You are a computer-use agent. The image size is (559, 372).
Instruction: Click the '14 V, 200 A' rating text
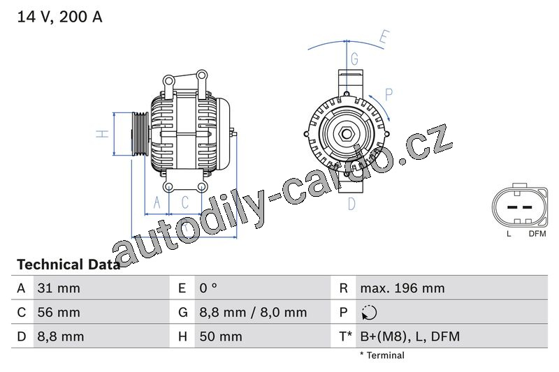coord(59,17)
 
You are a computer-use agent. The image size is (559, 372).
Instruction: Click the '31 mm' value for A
coord(58,288)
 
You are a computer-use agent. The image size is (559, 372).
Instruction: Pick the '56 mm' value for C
coord(58,313)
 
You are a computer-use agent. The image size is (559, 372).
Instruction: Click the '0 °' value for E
coord(208,288)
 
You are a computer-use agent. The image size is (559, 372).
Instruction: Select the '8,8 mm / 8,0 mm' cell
coord(252,313)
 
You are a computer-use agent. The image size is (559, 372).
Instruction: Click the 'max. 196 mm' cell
coord(402,288)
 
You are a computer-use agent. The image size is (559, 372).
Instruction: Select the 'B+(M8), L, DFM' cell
coord(409,337)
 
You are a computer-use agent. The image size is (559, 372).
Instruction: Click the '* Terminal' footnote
coord(382,355)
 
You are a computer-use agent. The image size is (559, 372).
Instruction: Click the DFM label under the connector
coord(537,234)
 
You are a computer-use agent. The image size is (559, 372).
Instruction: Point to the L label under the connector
coord(509,234)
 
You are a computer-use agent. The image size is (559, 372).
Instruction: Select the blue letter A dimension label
coord(157,202)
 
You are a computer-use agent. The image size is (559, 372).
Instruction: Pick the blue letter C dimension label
coord(185,202)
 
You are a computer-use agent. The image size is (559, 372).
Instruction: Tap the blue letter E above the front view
coord(383,36)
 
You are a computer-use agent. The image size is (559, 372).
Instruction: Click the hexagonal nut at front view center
coord(347,133)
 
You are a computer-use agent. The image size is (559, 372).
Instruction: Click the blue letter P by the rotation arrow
coord(389,94)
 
